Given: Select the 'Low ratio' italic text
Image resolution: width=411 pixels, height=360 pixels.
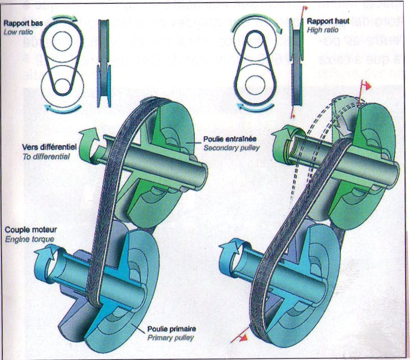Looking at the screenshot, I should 17,32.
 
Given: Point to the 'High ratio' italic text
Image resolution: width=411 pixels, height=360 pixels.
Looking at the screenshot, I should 322,30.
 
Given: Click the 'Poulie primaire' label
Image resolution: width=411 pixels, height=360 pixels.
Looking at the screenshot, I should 171,329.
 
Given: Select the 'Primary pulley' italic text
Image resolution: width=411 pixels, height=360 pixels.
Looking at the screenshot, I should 170,338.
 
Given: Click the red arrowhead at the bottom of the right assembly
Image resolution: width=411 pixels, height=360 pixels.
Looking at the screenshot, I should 244,337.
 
